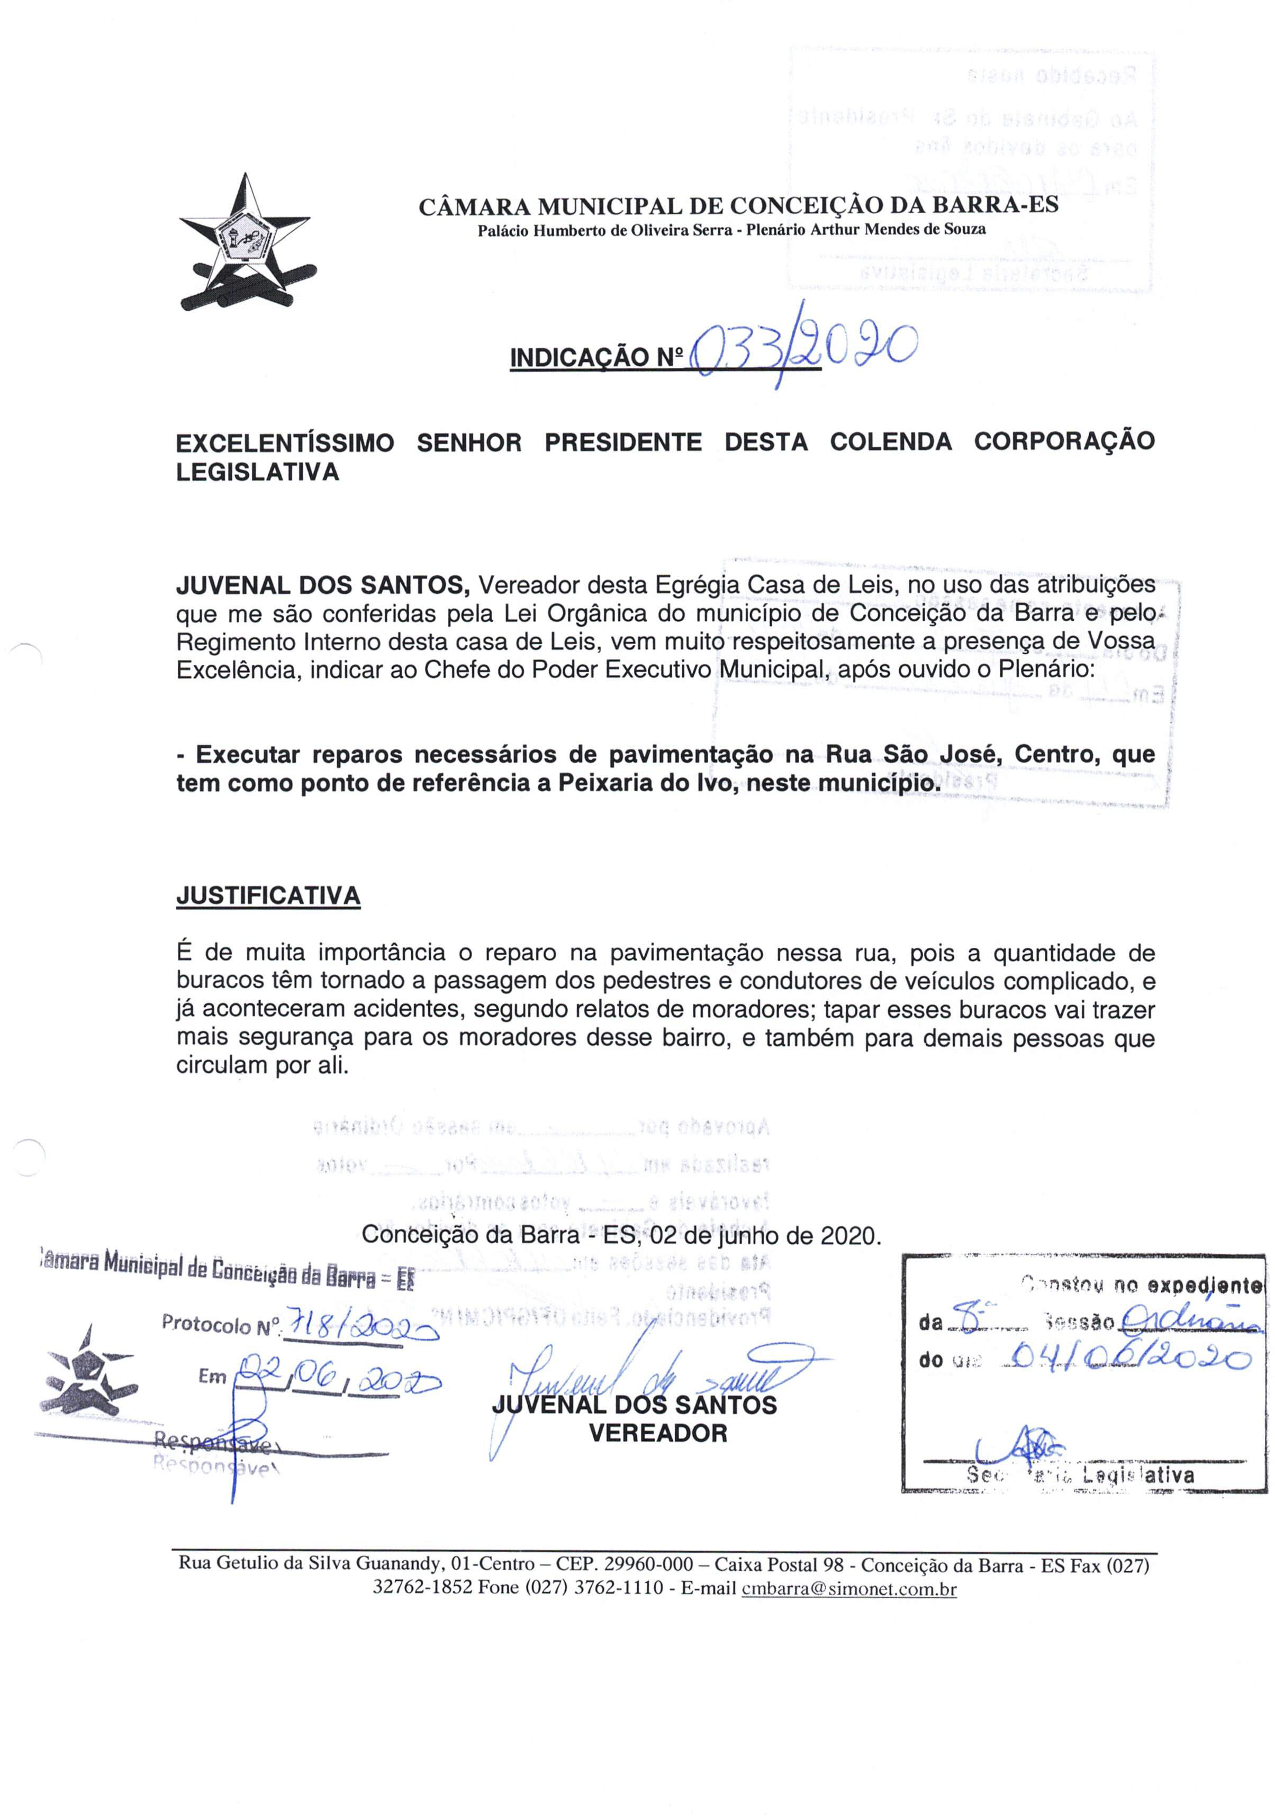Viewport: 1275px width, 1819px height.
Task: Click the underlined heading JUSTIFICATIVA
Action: point(268,895)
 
